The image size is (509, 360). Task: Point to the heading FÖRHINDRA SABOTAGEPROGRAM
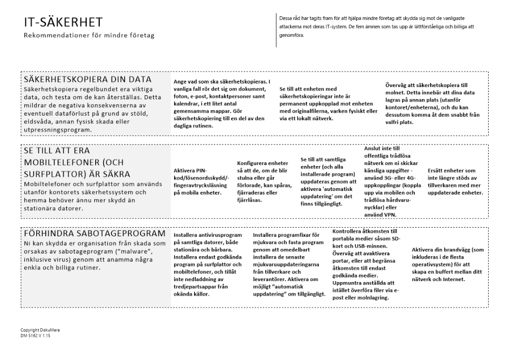tap(94, 233)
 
